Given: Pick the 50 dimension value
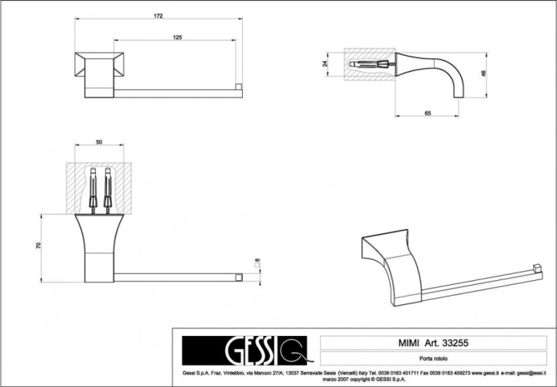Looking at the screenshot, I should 100,142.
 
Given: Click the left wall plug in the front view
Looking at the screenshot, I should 93,187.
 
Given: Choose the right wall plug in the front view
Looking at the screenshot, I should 108,187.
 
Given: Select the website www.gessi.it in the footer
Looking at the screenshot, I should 480,372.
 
